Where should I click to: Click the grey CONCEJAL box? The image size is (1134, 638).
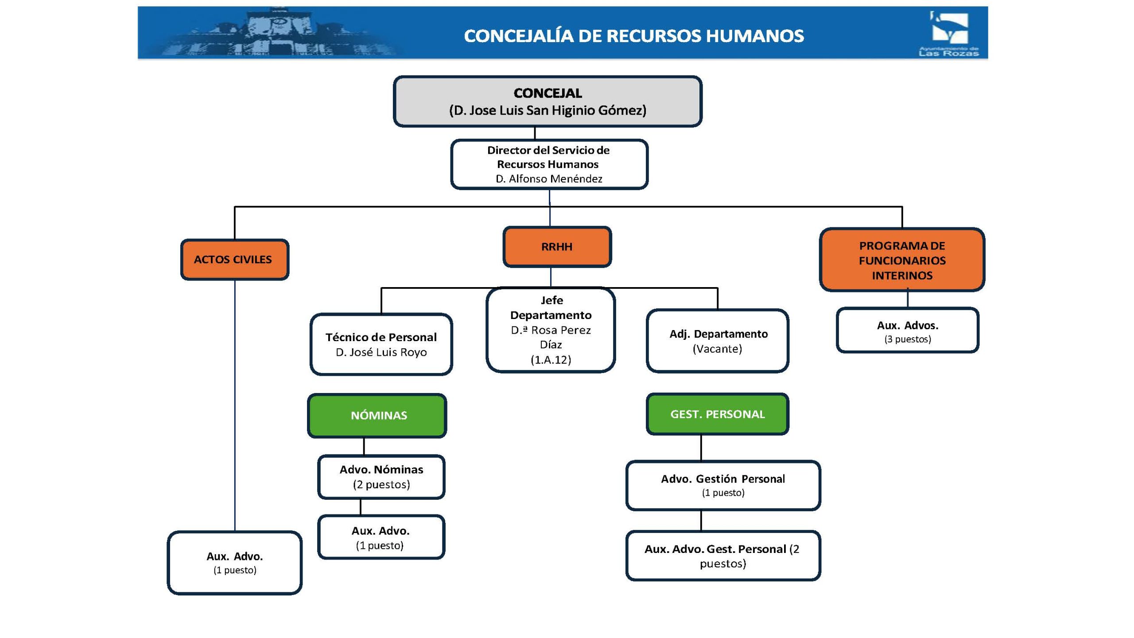(x=548, y=101)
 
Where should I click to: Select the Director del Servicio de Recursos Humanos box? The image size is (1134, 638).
(x=549, y=164)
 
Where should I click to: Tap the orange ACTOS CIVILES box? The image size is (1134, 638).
(x=234, y=260)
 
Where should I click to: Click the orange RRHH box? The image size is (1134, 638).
(x=557, y=247)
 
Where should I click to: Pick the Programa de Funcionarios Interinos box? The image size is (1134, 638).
(x=902, y=260)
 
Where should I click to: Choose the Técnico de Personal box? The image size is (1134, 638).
(x=381, y=344)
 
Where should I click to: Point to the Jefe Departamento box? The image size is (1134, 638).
(x=551, y=330)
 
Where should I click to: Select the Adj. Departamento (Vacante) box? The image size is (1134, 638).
(x=718, y=341)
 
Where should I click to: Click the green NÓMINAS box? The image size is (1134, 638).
(x=377, y=416)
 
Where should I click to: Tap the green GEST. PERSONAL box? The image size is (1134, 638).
(x=717, y=414)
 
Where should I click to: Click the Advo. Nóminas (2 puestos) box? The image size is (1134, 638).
(x=381, y=477)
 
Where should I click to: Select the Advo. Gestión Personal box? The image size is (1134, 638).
(x=723, y=485)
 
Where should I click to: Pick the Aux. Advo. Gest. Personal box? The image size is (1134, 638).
(x=723, y=556)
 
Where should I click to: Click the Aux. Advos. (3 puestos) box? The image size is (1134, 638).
(x=907, y=331)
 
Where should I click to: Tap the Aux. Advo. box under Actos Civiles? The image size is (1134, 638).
(x=234, y=563)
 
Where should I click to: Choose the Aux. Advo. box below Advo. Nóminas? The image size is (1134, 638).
(x=381, y=537)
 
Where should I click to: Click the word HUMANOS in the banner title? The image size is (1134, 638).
(x=754, y=36)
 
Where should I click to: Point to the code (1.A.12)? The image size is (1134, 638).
(x=551, y=360)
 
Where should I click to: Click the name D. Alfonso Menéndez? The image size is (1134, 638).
(x=549, y=179)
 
